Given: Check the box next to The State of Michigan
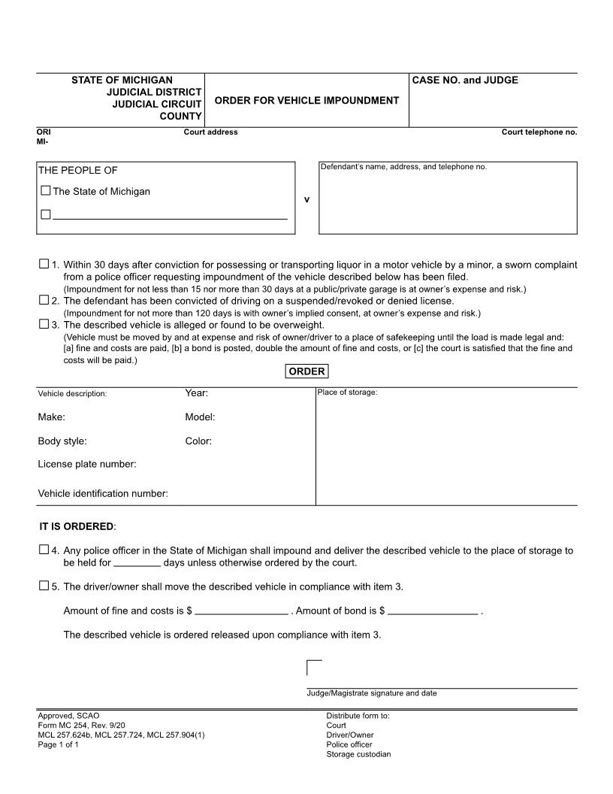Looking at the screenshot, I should click(46, 191).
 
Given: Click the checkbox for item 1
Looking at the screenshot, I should click(44, 264).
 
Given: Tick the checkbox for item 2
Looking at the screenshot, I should click(44, 300).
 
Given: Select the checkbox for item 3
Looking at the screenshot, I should click(44, 324).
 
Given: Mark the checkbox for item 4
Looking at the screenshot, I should click(44, 550).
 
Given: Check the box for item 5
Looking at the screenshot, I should click(44, 586).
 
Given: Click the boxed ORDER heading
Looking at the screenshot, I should click(306, 371).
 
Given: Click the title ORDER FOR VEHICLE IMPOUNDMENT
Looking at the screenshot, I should click(306, 100).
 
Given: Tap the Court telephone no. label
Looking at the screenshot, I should click(539, 132).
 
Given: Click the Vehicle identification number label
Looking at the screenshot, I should click(103, 493).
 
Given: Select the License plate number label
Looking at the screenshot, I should click(87, 464).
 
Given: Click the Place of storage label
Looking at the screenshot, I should click(347, 392).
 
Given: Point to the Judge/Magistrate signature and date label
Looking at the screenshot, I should click(371, 693).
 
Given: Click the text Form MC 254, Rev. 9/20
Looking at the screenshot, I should click(77, 725).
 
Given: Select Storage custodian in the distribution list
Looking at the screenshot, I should click(358, 754).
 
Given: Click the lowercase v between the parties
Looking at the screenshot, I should click(306, 199).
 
